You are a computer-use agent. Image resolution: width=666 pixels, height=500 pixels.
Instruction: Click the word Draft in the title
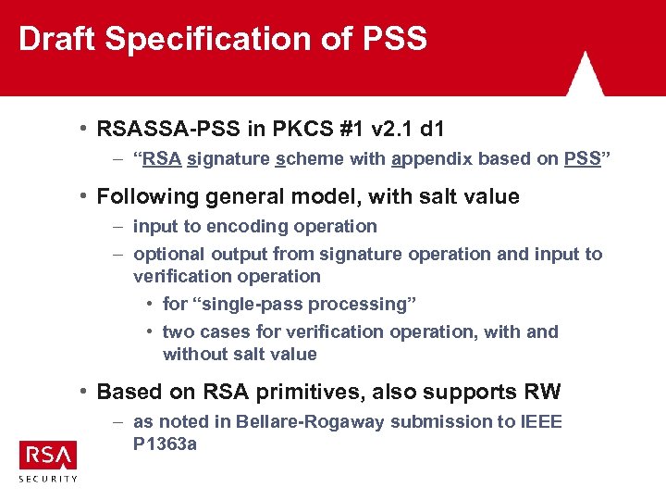(x=57, y=39)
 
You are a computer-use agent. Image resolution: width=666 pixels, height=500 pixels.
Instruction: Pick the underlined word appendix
(x=432, y=158)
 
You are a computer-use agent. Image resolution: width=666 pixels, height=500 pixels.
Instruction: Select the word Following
(x=149, y=196)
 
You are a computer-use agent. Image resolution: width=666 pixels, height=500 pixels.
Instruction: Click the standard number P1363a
(x=166, y=444)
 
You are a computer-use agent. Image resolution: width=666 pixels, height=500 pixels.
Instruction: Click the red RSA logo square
(x=48, y=455)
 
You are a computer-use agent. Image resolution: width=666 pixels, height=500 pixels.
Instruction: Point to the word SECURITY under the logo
(x=48, y=479)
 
